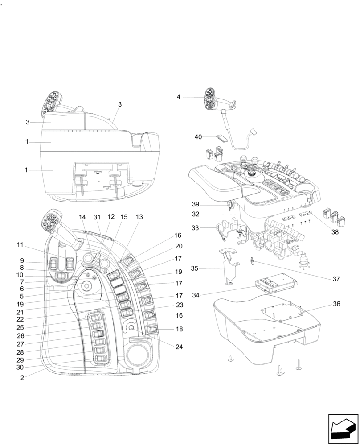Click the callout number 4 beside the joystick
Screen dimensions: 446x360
point(178,97)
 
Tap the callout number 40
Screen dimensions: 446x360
point(199,137)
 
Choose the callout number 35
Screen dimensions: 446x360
point(195,269)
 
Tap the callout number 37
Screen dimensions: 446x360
point(336,279)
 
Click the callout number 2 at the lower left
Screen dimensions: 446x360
point(22,377)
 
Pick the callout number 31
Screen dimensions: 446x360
point(97,217)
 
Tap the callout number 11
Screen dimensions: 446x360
point(20,244)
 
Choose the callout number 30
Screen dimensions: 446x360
point(20,368)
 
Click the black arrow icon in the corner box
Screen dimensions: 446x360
point(343,429)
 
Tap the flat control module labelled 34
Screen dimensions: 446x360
point(273,284)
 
